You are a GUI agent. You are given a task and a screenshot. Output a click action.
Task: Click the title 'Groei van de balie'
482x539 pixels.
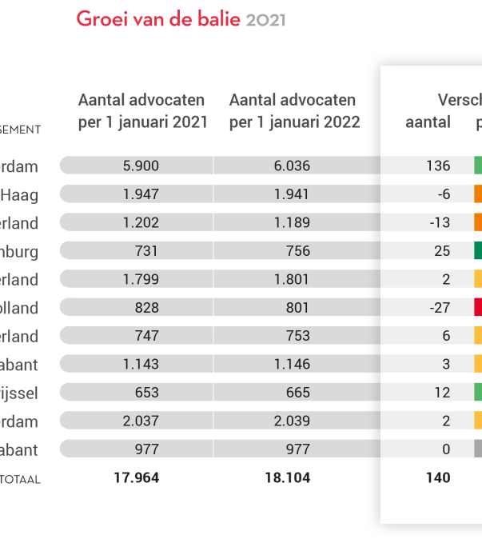click(x=157, y=19)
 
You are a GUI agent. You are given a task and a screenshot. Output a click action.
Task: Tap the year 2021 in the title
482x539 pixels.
click(x=265, y=20)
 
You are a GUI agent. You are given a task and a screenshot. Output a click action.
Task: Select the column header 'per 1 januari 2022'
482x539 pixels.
click(x=294, y=122)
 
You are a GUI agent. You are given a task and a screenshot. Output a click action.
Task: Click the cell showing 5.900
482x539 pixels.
click(x=141, y=166)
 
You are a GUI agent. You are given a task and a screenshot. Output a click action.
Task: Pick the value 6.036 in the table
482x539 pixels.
click(x=292, y=166)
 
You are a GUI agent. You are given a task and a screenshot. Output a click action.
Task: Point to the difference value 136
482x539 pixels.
click(x=438, y=166)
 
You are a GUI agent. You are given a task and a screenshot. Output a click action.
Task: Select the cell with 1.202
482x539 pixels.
click(x=141, y=222)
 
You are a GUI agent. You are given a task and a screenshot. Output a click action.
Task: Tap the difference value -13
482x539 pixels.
click(x=440, y=222)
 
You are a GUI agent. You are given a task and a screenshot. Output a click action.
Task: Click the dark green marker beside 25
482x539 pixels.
click(x=478, y=251)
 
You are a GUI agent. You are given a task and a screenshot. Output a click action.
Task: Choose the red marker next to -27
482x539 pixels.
click(x=478, y=307)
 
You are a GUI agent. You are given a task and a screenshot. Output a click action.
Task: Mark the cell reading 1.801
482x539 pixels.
click(x=292, y=279)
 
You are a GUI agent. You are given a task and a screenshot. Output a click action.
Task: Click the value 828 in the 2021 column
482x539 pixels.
click(x=146, y=307)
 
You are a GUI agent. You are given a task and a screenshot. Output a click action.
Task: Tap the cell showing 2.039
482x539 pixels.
click(x=292, y=421)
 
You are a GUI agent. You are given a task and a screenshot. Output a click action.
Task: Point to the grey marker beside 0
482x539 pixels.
click(x=478, y=449)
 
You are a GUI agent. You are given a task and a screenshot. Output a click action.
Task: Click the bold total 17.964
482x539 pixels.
click(x=137, y=478)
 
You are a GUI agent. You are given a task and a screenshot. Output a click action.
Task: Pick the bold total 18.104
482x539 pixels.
click(x=288, y=478)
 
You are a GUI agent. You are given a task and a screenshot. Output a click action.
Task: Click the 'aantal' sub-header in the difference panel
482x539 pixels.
click(x=428, y=122)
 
